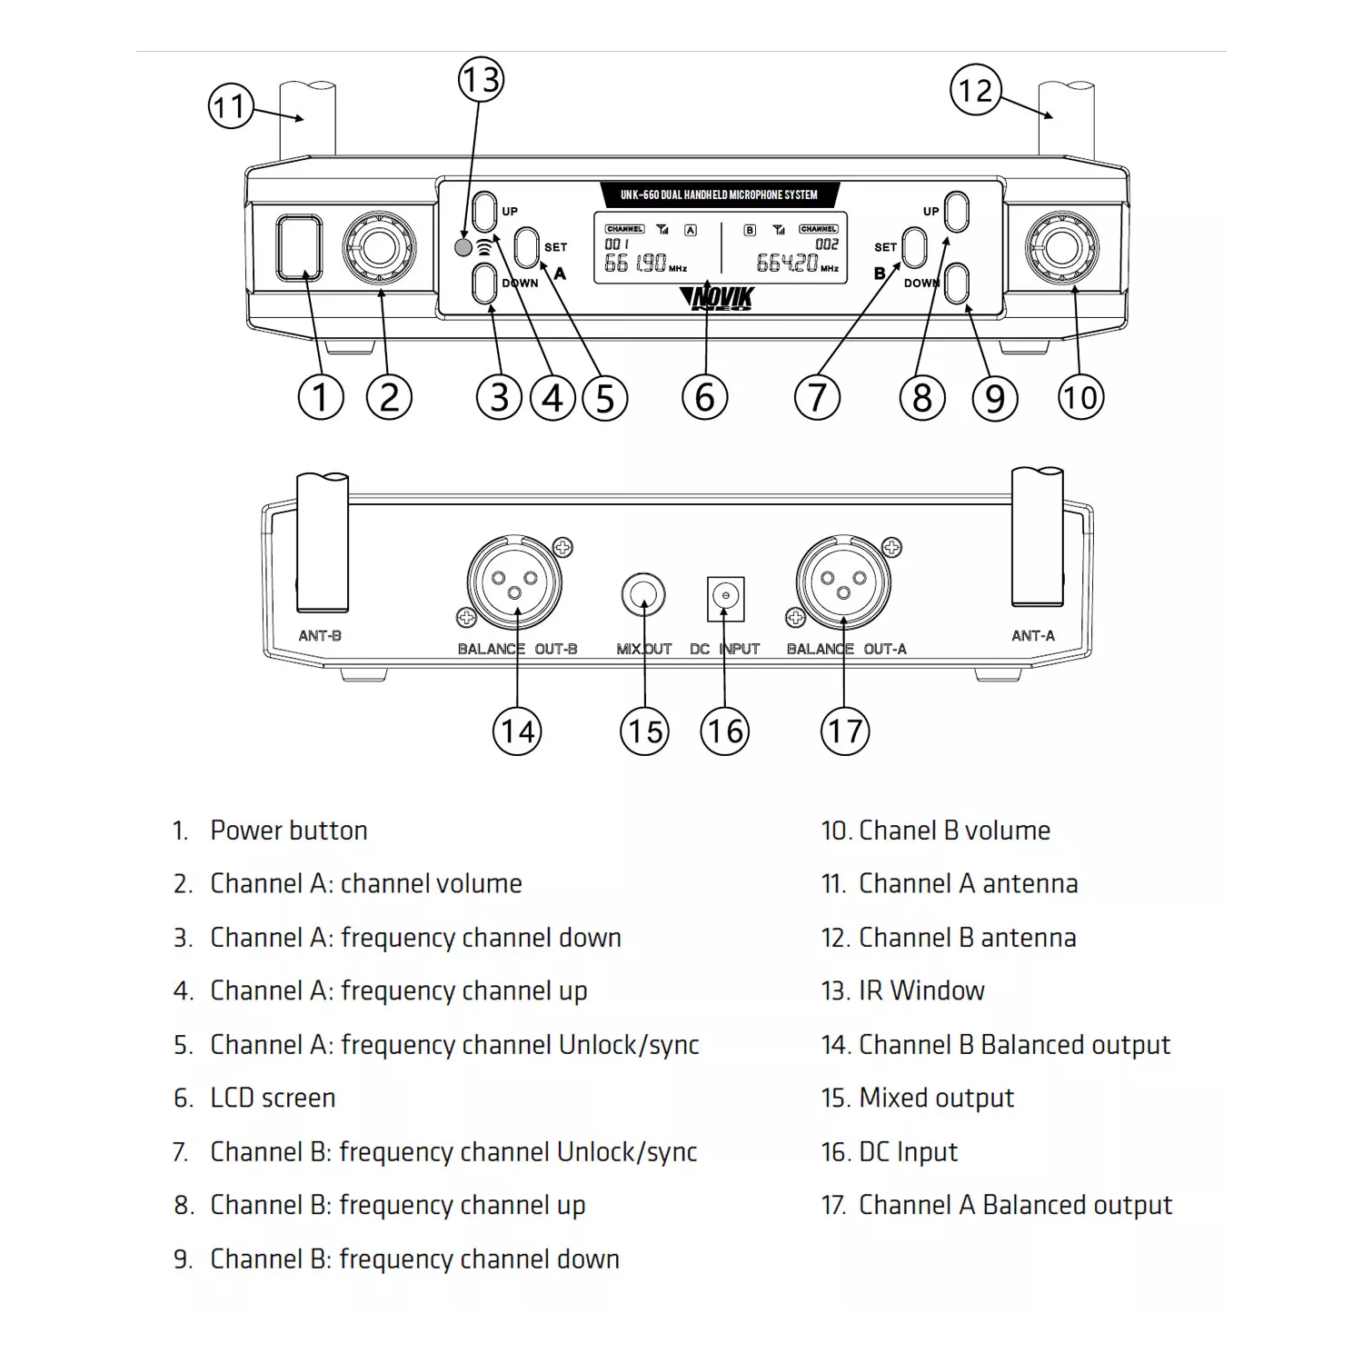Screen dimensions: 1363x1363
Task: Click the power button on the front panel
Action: click(x=299, y=247)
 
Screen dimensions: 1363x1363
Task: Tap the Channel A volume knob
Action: click(x=380, y=248)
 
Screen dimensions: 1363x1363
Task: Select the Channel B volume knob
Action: click(x=1061, y=248)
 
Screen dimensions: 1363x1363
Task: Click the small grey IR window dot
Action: click(x=463, y=247)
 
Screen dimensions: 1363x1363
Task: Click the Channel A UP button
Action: click(x=485, y=212)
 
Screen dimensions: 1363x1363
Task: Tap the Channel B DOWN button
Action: click(x=957, y=284)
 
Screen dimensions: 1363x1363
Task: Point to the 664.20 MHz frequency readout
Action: click(x=788, y=264)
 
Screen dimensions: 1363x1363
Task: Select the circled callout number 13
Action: click(x=481, y=80)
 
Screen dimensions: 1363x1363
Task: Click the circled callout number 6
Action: click(x=704, y=398)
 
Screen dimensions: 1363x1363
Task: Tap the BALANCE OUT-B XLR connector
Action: click(x=514, y=582)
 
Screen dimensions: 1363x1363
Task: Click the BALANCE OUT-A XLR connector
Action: click(x=843, y=582)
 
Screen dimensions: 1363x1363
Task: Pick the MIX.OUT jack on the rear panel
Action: click(x=643, y=596)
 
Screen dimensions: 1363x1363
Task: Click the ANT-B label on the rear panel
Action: click(x=320, y=636)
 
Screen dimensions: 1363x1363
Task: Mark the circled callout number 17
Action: click(x=845, y=731)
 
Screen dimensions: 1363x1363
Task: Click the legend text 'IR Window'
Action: click(x=920, y=990)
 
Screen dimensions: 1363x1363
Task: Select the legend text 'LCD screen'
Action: click(x=273, y=1098)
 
